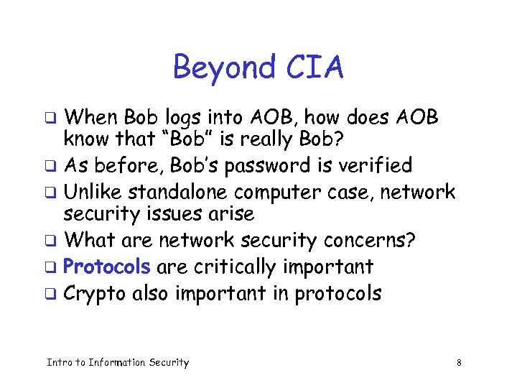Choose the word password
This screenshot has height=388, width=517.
[259, 166]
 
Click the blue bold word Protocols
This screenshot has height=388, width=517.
[107, 267]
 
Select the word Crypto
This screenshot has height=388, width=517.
[94, 293]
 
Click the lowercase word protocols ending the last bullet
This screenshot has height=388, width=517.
[337, 293]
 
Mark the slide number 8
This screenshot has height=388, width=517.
[458, 363]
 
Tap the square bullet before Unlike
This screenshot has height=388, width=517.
[51, 193]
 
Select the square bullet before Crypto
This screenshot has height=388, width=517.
[51, 293]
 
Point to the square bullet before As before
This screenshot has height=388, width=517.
[51, 166]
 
